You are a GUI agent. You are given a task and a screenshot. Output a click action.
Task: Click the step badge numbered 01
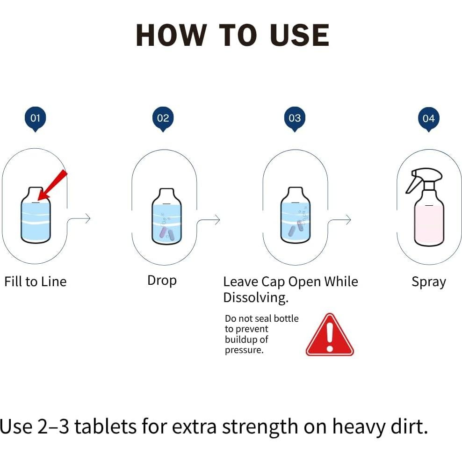click(x=35, y=119)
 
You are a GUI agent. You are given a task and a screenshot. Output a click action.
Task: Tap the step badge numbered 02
click(x=163, y=119)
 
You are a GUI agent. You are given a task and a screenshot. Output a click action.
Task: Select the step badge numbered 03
click(x=295, y=119)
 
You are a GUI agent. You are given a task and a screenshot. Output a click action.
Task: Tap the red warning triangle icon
click(x=330, y=334)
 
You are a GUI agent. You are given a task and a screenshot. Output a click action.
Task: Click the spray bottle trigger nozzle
click(x=423, y=179)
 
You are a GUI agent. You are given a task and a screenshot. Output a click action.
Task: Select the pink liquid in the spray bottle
click(x=429, y=225)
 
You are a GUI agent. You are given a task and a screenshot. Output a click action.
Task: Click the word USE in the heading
click(x=299, y=36)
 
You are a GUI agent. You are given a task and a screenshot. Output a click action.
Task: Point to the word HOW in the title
click(x=171, y=36)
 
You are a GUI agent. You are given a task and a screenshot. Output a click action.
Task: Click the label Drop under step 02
click(x=162, y=281)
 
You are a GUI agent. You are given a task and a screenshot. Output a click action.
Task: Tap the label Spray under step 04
click(x=429, y=282)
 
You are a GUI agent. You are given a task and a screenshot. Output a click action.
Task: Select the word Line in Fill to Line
click(x=54, y=282)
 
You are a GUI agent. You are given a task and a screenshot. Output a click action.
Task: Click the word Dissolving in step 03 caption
click(x=256, y=297)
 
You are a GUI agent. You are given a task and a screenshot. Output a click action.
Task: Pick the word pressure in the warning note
click(x=244, y=350)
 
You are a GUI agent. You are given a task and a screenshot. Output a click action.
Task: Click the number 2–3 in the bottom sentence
click(x=53, y=426)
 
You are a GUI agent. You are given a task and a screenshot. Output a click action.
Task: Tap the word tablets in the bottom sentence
click(x=106, y=426)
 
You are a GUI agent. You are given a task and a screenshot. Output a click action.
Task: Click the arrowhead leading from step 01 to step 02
click(x=88, y=218)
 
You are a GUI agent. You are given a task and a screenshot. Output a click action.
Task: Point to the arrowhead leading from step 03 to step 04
click(x=348, y=219)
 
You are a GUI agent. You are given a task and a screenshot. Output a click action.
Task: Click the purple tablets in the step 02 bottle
click(x=166, y=233)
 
